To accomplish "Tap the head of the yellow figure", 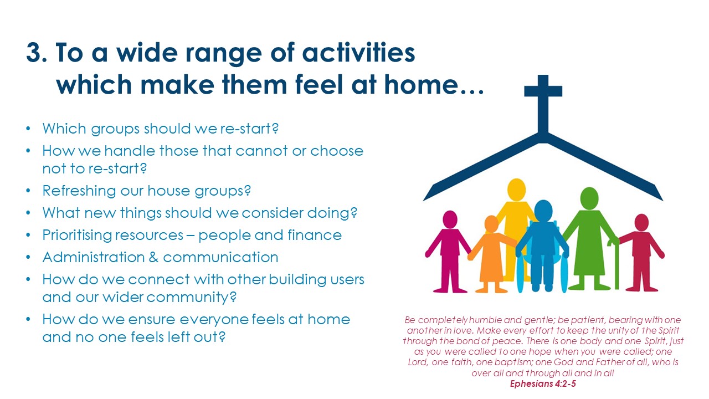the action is pyautogui.click(x=516, y=190).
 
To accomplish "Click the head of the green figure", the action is pyautogui.click(x=589, y=198).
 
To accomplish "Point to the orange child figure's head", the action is pyautogui.click(x=491, y=224).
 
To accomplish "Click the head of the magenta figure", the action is pyautogui.click(x=450, y=219).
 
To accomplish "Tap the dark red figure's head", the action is pyautogui.click(x=641, y=222).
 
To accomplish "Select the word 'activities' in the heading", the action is pyautogui.click(x=358, y=52).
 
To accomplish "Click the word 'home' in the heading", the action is pyautogui.click(x=420, y=85).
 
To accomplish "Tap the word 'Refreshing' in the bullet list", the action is pyautogui.click(x=79, y=191).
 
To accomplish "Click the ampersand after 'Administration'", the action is pyautogui.click(x=153, y=257).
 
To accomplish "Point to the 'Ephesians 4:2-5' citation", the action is pyautogui.click(x=543, y=384).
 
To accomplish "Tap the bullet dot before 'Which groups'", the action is pyautogui.click(x=28, y=129).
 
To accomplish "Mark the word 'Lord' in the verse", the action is pyautogui.click(x=418, y=362).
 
